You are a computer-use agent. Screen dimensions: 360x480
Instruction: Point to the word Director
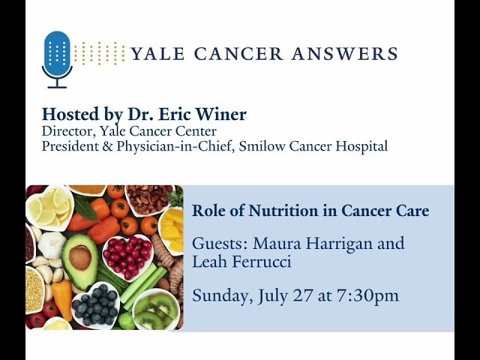(x=64, y=132)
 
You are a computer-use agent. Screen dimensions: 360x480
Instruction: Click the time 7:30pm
(x=366, y=295)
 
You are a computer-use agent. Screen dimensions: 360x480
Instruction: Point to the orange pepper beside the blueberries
(x=62, y=298)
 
